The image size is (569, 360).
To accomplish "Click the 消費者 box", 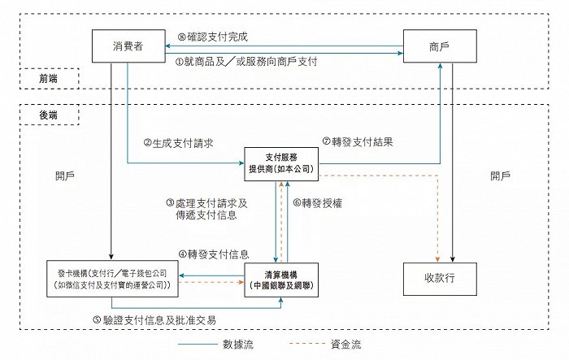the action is [128, 46].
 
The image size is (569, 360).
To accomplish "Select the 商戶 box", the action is [440, 46].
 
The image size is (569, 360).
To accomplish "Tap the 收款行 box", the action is [440, 279].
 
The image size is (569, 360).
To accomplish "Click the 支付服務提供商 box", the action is [281, 164].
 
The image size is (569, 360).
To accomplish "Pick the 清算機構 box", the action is [281, 280].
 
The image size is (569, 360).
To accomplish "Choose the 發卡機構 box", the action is [112, 279].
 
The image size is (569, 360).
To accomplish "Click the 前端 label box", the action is [49, 78].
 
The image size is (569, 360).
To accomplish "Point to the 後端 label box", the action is [49, 115].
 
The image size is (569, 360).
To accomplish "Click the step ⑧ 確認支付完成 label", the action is [213, 37].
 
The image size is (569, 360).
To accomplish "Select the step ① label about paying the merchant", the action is [246, 61].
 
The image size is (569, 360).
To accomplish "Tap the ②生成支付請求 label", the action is [179, 143].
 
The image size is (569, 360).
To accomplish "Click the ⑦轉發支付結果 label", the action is [358, 141].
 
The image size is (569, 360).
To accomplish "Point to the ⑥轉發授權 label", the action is [318, 203].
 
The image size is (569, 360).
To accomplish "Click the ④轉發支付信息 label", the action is [214, 254].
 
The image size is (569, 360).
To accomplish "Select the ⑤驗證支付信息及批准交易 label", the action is [154, 319].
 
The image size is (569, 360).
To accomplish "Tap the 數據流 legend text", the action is [238, 344].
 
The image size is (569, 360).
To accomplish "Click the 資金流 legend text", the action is [345, 344].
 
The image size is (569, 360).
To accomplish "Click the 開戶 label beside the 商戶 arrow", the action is [500, 176].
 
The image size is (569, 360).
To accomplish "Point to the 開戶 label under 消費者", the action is [65, 176].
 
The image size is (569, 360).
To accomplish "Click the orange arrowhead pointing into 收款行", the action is [437, 259].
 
